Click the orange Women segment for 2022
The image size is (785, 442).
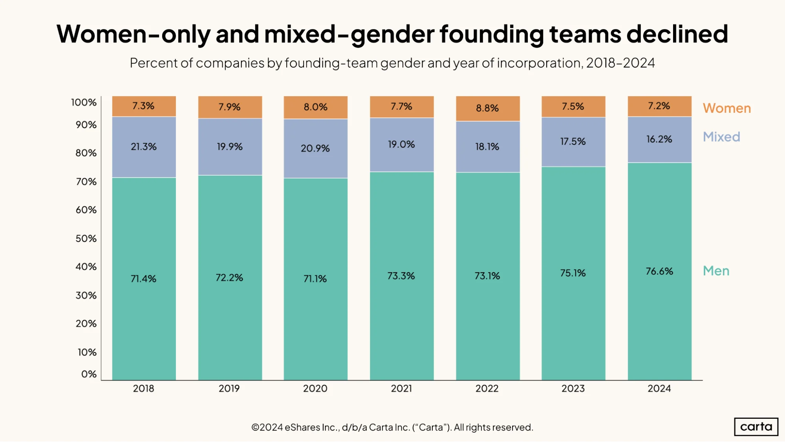coord(488,108)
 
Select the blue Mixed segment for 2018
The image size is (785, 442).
coord(144,147)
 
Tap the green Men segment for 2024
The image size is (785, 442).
coord(659,271)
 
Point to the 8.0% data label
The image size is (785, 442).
coord(315,107)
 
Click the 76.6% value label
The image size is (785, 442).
coord(659,271)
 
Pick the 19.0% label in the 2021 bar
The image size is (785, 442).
coord(401,144)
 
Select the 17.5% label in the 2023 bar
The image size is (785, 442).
coord(573,141)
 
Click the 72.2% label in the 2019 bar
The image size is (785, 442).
coord(229,277)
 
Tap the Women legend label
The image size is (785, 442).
coord(727,108)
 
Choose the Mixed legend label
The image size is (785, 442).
coord(721,137)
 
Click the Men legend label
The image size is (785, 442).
coord(716,271)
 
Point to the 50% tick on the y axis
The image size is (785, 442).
coord(86,238)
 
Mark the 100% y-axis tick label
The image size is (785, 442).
coord(84,103)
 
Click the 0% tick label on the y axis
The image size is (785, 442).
coord(89,374)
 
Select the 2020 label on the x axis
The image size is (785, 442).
coord(315,389)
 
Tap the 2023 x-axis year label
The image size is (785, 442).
coord(573,389)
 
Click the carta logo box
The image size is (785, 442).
coord(756,427)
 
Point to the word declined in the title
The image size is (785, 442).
coord(677,34)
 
